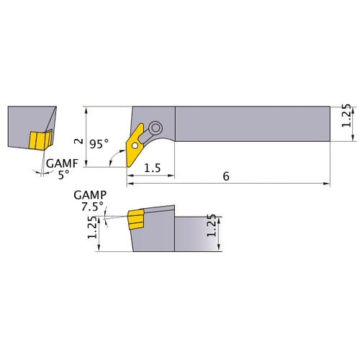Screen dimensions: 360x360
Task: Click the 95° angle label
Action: click(x=99, y=144)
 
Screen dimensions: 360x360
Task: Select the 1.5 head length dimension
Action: click(x=151, y=168)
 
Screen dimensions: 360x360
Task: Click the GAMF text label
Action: click(x=60, y=163)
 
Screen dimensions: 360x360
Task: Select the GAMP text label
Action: click(x=89, y=195)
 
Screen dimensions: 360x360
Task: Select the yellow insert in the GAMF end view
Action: click(x=38, y=140)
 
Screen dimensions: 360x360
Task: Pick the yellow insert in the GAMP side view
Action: click(x=135, y=220)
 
